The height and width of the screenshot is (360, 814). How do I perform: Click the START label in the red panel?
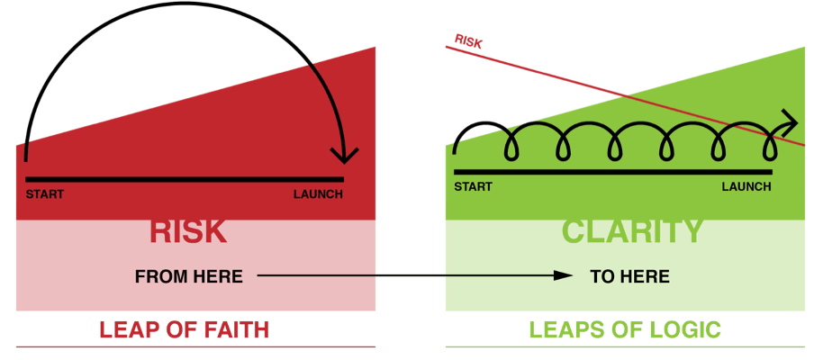45,195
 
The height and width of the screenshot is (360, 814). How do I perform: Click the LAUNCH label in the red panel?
318,195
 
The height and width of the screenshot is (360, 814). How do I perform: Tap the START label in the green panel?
473,186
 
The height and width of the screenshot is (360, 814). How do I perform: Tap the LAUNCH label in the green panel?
746,186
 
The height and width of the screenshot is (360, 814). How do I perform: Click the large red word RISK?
188,232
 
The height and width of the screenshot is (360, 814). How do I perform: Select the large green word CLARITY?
632,232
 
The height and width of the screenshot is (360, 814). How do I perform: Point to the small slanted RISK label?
468,41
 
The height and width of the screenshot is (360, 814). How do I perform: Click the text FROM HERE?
189,276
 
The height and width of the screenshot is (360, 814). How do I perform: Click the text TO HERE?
629,276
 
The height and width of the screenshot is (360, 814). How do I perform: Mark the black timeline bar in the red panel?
185,179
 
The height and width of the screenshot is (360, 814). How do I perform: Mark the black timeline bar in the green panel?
613,172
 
